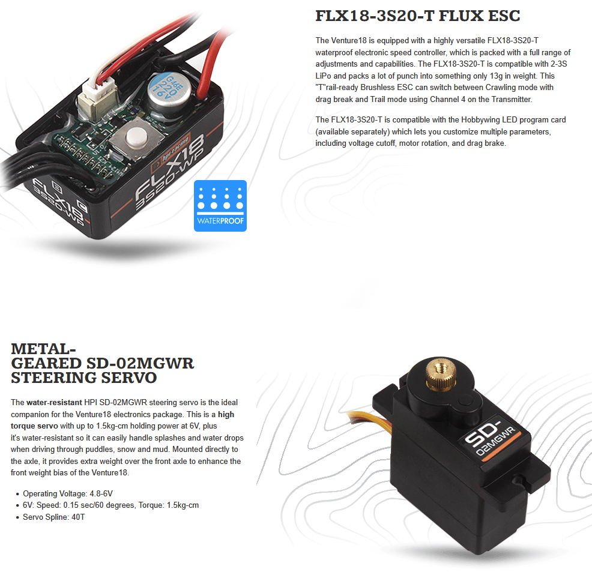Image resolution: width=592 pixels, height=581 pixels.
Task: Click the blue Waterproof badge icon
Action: tap(220, 206)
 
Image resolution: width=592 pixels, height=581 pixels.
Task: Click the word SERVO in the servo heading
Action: tap(129, 378)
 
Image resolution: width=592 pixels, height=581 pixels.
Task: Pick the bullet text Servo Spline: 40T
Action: tap(54, 517)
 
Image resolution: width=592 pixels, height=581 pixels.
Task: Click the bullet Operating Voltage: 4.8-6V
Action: tap(68, 493)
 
